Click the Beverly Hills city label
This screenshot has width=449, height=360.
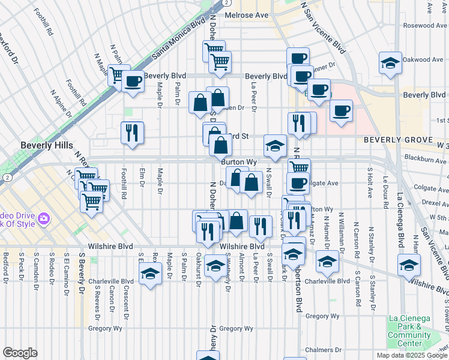pos(46,145)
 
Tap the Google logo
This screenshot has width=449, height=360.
pos(20,353)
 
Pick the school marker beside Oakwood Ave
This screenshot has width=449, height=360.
pos(390,63)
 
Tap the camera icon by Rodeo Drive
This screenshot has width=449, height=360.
pos(43,218)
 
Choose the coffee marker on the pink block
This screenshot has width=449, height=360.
pos(341,110)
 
